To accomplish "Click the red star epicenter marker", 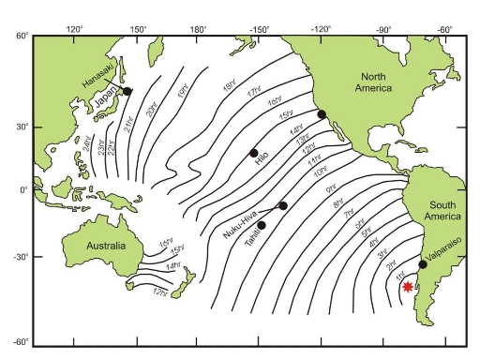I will click(x=408, y=287).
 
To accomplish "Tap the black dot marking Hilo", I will click(x=254, y=153).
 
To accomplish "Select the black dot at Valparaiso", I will click(x=423, y=264).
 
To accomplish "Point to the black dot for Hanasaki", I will click(x=128, y=91).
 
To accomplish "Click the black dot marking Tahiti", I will click(x=262, y=225).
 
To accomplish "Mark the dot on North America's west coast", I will click(x=322, y=114).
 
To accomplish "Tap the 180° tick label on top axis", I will click(x=199, y=29).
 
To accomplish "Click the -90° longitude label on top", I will click(x=382, y=29).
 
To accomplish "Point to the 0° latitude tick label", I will click(x=27, y=190).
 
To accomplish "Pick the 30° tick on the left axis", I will click(x=22, y=127).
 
